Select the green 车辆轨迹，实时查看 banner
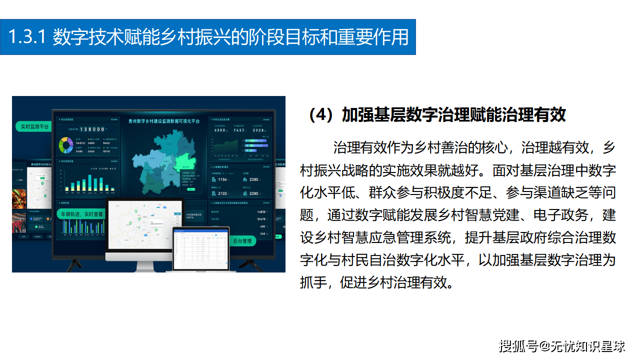82,214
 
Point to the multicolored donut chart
66,145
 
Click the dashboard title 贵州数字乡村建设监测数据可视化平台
164,121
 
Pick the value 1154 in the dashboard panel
223,179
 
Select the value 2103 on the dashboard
223,193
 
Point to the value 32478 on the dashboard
260,219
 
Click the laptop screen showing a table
200,247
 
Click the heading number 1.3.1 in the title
27,37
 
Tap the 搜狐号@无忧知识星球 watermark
562,346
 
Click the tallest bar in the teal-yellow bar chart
90,183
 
